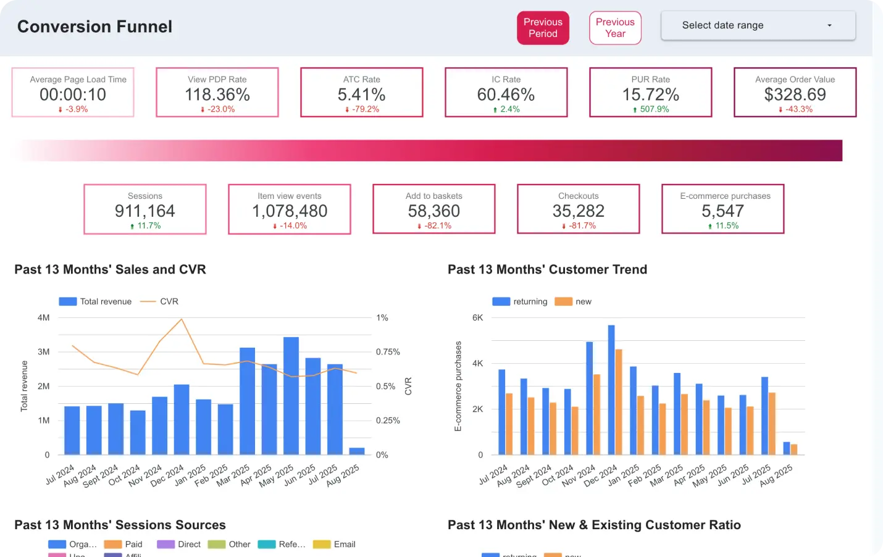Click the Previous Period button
coord(543,28)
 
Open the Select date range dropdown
coord(758,25)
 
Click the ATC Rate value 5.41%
coord(361,94)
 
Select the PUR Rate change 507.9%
coord(654,109)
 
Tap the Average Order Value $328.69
coord(795,94)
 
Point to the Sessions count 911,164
coord(144,211)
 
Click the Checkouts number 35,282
coord(578,211)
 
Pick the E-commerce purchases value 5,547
coord(722,211)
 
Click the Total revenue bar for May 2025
coord(291,395)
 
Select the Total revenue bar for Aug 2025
coord(357,451)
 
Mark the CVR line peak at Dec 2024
coord(182,319)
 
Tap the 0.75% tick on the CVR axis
coord(388,352)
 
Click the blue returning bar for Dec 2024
coord(611,389)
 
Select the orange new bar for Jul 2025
coord(772,424)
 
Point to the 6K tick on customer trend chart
coord(477,318)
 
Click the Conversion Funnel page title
coord(94,27)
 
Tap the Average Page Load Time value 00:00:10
coord(73,94)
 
